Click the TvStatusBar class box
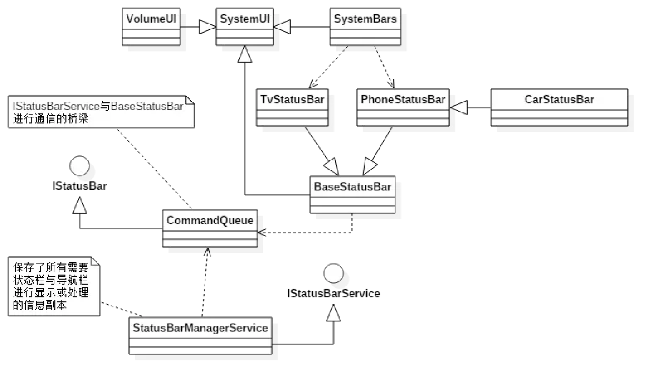tap(292, 107)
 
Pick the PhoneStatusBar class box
tap(402, 107)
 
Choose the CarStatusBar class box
tap(559, 107)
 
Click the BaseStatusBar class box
tap(352, 195)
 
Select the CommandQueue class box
tap(210, 228)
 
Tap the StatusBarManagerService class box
tap(200, 336)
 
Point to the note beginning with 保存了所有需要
tap(53, 286)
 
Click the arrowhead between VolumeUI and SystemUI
tap(207, 27)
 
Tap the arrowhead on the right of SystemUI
tap(283, 27)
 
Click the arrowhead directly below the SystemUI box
tap(244, 55)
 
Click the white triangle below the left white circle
tap(79, 206)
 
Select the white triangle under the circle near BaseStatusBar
tap(333, 314)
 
